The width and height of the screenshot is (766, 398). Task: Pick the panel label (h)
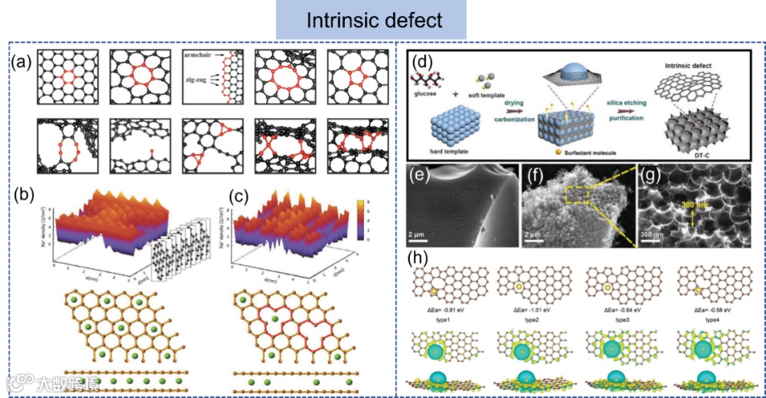(416, 258)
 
